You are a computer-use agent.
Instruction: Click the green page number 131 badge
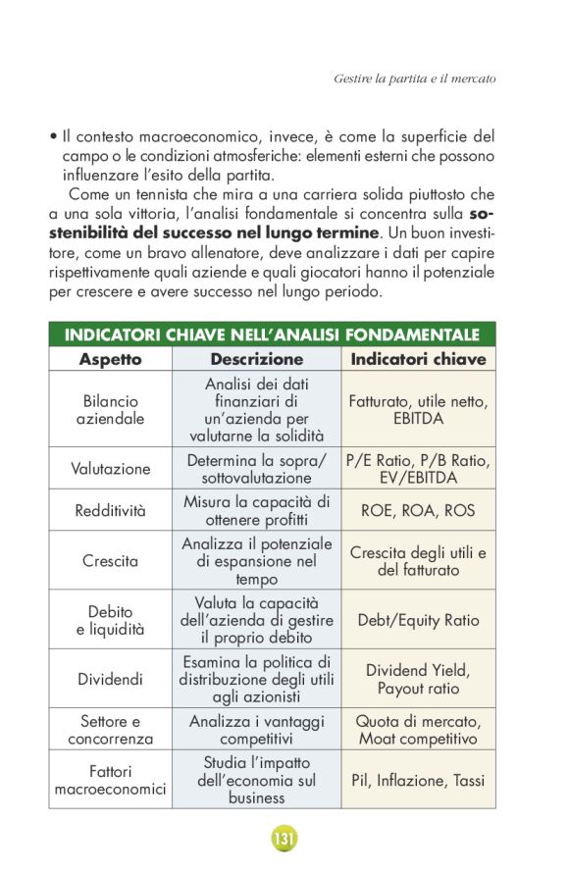coord(284,839)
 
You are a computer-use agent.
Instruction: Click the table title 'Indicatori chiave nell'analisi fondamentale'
coord(272,335)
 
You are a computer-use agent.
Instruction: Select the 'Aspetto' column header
coord(110,360)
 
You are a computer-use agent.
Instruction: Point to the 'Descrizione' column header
coord(257,360)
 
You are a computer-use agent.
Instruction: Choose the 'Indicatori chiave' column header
coord(418,360)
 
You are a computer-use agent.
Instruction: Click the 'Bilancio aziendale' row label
coord(110,410)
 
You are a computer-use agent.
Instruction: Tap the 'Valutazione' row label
coord(110,469)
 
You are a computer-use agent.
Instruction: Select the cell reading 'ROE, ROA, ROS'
coord(418,510)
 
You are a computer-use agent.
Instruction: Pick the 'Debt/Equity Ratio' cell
coord(418,620)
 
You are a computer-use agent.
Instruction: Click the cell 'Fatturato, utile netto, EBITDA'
coord(418,410)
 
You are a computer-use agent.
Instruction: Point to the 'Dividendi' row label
coord(110,679)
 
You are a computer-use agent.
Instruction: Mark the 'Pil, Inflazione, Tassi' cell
coord(418,781)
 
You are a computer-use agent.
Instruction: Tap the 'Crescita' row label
coord(110,561)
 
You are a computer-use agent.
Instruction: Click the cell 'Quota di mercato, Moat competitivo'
coord(418,730)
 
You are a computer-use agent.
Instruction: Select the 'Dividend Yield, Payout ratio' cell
coord(418,679)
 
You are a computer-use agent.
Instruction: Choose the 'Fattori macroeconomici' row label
coord(110,781)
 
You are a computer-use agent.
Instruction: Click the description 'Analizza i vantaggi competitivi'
coord(257,730)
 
